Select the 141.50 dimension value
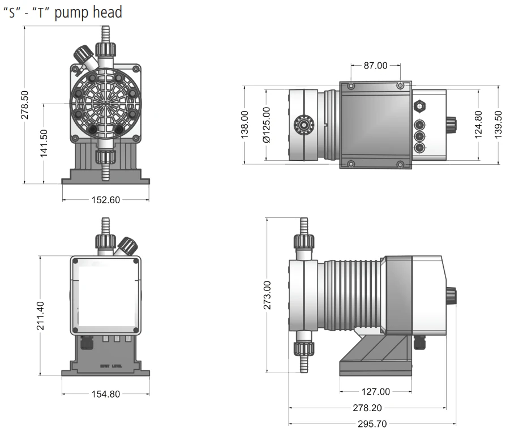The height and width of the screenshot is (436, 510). click(44, 144)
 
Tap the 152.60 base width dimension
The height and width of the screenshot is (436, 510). click(106, 200)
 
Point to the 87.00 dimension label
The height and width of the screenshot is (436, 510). click(375, 66)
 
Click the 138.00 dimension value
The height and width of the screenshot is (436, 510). click(245, 125)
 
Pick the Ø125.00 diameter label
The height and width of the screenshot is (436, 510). click(265, 125)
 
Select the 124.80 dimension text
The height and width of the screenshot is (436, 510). click(478, 125)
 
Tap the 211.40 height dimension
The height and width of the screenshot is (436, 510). click(40, 315)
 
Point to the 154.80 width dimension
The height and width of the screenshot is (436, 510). click(106, 394)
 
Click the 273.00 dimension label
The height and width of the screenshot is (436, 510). click(267, 295)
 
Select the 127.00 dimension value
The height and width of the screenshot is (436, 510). click(376, 391)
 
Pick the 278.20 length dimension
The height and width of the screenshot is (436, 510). click(367, 408)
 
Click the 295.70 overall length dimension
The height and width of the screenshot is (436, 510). click(372, 423)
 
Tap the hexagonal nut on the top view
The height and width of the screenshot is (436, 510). click(419, 105)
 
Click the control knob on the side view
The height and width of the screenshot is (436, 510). click(451, 296)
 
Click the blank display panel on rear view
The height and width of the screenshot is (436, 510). click(105, 294)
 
